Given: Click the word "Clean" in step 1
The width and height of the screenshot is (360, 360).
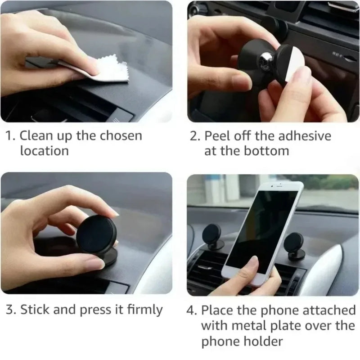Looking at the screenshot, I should tap(37, 135).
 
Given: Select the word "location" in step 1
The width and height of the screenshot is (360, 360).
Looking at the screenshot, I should tap(44, 151).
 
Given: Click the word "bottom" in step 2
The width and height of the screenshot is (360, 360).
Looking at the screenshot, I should tap(266, 151).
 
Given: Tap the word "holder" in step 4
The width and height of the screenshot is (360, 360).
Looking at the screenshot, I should tap(264, 341).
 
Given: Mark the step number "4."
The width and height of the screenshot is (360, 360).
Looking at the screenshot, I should tap(192, 310).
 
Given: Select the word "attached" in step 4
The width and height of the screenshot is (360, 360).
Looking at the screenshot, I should tap(330, 310).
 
